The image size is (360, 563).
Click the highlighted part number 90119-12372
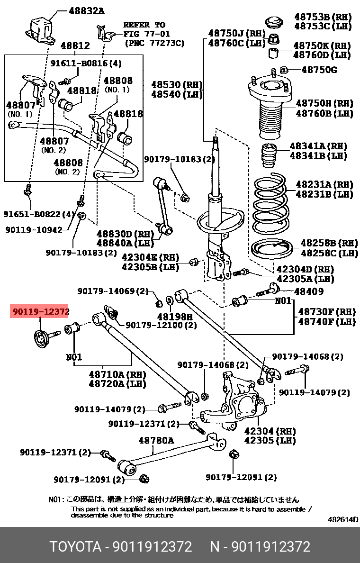(x=40, y=311)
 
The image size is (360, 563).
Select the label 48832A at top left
(x=87, y=10)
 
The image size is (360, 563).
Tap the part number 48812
(x=75, y=45)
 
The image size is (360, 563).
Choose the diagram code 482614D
(x=343, y=519)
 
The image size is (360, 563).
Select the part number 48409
(x=309, y=291)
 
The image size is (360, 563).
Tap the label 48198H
(x=175, y=316)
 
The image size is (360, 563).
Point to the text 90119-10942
(x=34, y=229)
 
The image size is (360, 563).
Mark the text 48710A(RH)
(x=117, y=374)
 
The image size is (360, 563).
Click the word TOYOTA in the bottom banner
(x=76, y=546)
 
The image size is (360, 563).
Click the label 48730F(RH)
(x=327, y=312)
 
